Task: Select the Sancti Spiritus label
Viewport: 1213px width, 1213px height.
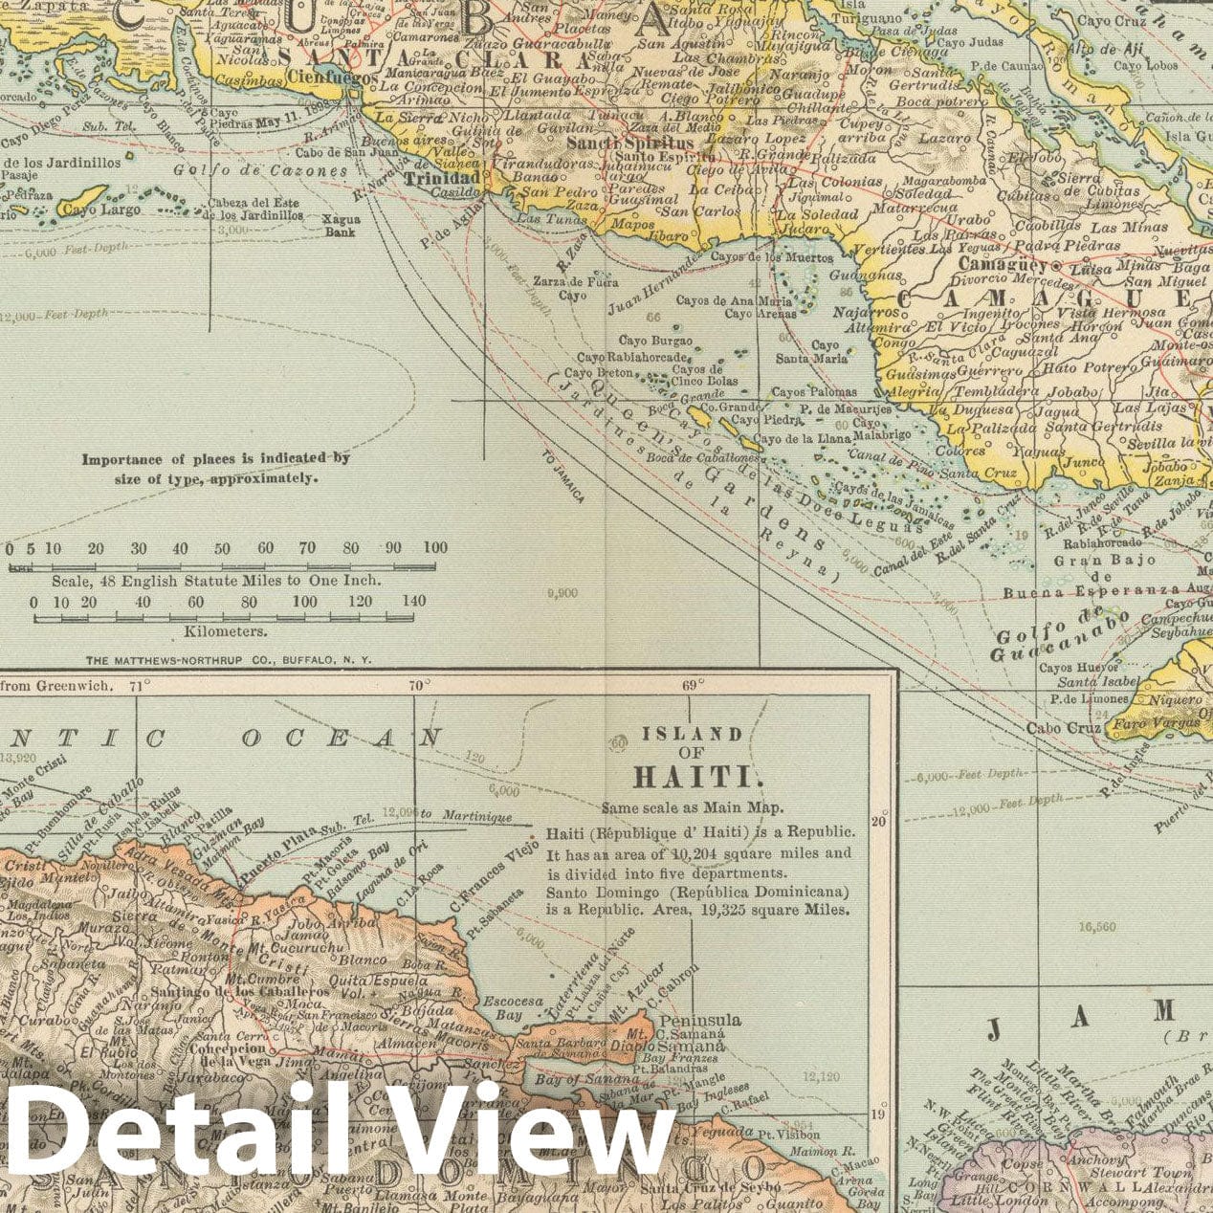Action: coord(629,143)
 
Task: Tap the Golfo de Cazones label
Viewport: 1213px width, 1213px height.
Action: coord(261,171)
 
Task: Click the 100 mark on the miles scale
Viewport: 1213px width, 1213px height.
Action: coord(434,548)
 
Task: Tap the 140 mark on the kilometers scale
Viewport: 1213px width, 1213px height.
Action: coord(413,602)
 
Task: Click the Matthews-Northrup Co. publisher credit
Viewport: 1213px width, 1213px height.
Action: coord(229,660)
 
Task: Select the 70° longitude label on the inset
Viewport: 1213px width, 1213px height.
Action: coord(418,685)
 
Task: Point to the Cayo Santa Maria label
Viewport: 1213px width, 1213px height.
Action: coord(811,352)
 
